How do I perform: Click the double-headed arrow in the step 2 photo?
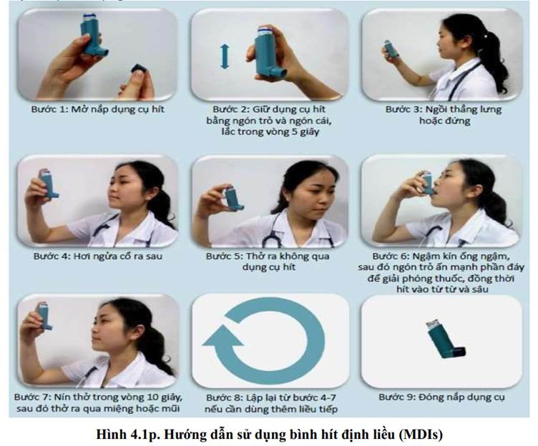coord(225,56)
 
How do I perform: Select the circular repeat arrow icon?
coord(264,340)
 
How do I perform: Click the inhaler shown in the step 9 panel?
coord(444,340)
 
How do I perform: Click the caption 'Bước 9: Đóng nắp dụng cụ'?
coord(441,397)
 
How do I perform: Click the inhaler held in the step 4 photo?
coord(47,184)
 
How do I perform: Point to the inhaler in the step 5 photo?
coord(234,198)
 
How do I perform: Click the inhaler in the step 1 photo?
coord(92,34)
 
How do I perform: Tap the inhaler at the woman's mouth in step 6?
coord(427,183)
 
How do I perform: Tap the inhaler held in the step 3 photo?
coord(391,49)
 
